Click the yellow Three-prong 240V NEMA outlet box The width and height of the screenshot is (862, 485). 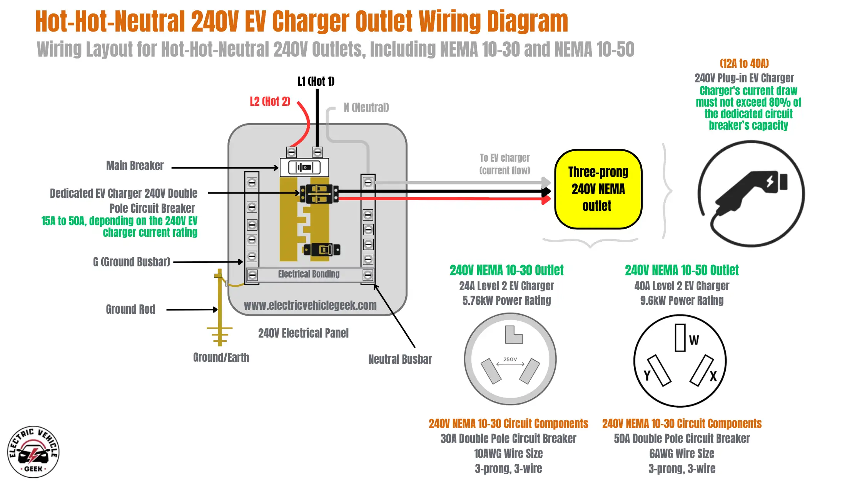(x=598, y=189)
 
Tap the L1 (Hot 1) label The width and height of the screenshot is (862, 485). (x=316, y=82)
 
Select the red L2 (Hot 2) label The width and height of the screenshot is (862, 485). (x=270, y=102)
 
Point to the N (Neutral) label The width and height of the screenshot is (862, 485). (x=366, y=107)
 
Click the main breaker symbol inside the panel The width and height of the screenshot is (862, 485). (x=304, y=167)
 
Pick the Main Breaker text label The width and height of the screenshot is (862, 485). (x=135, y=166)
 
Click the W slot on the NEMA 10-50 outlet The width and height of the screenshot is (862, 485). (x=680, y=338)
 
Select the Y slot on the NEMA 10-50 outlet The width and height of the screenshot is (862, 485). (x=659, y=371)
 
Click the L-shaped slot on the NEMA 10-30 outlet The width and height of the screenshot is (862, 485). (x=513, y=335)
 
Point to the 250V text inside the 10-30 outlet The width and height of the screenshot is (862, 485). (x=510, y=359)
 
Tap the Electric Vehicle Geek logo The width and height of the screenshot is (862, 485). (x=33, y=452)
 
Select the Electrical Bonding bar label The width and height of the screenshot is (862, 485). (x=309, y=274)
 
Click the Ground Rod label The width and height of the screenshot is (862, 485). (x=130, y=309)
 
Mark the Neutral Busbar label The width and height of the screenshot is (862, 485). (x=400, y=360)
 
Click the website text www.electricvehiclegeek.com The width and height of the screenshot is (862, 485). (x=310, y=306)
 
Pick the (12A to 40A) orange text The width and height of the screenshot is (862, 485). (x=744, y=64)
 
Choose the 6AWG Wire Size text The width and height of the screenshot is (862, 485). (x=682, y=454)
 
